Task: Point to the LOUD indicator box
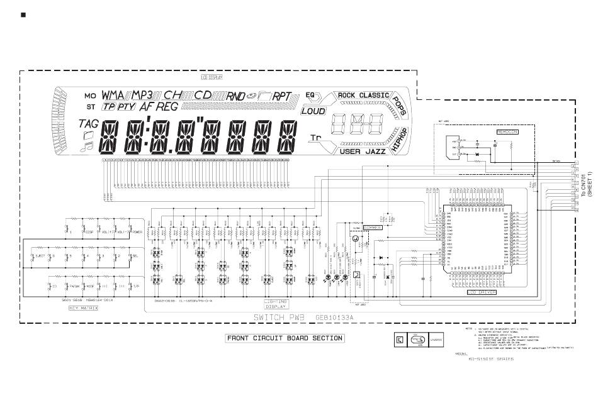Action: [313, 111]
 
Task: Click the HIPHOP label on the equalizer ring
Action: [399, 140]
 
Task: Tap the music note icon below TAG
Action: [87, 146]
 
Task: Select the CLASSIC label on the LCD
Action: [374, 96]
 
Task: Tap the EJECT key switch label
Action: [38, 256]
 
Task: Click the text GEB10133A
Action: [335, 318]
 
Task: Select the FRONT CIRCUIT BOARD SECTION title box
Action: [285, 338]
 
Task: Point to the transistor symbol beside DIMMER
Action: [356, 239]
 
